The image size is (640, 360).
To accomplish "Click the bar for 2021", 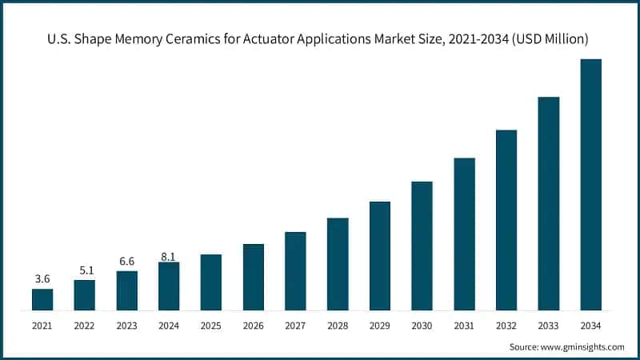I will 42,299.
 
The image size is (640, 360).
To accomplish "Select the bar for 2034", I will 590,184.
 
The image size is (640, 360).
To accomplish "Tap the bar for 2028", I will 338,264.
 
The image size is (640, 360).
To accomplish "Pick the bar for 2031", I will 464,234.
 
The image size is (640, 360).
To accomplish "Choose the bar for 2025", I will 211,282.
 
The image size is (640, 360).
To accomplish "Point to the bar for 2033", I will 549,203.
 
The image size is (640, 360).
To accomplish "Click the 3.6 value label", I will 42,278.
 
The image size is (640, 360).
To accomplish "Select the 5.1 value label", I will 85,270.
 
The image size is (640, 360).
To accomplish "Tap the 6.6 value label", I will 126,261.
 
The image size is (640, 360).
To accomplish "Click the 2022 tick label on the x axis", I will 85,325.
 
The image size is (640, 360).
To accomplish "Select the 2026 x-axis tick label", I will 253,325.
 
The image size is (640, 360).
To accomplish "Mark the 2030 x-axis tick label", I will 422,325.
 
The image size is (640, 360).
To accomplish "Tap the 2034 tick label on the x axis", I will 590,325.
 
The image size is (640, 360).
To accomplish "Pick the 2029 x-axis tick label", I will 380,325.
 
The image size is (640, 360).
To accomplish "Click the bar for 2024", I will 169,286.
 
